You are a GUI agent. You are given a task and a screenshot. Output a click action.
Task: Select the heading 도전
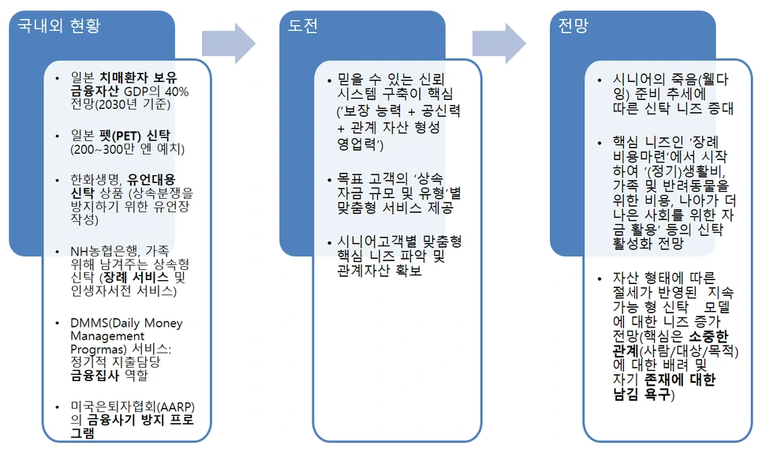coord(304,27)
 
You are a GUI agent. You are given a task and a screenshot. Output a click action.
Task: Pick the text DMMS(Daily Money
coord(125,323)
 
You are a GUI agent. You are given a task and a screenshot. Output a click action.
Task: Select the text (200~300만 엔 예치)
coord(127,148)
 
